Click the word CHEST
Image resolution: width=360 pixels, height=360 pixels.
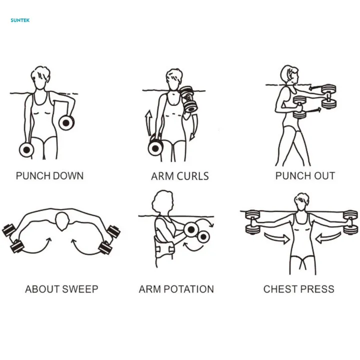pyautogui.click(x=280, y=289)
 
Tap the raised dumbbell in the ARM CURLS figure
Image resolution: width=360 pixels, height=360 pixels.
pyautogui.click(x=188, y=98)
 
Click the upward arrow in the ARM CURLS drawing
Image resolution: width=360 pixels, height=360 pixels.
pyautogui.click(x=148, y=122)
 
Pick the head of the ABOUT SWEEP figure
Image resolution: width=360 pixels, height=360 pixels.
pyautogui.click(x=62, y=220)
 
